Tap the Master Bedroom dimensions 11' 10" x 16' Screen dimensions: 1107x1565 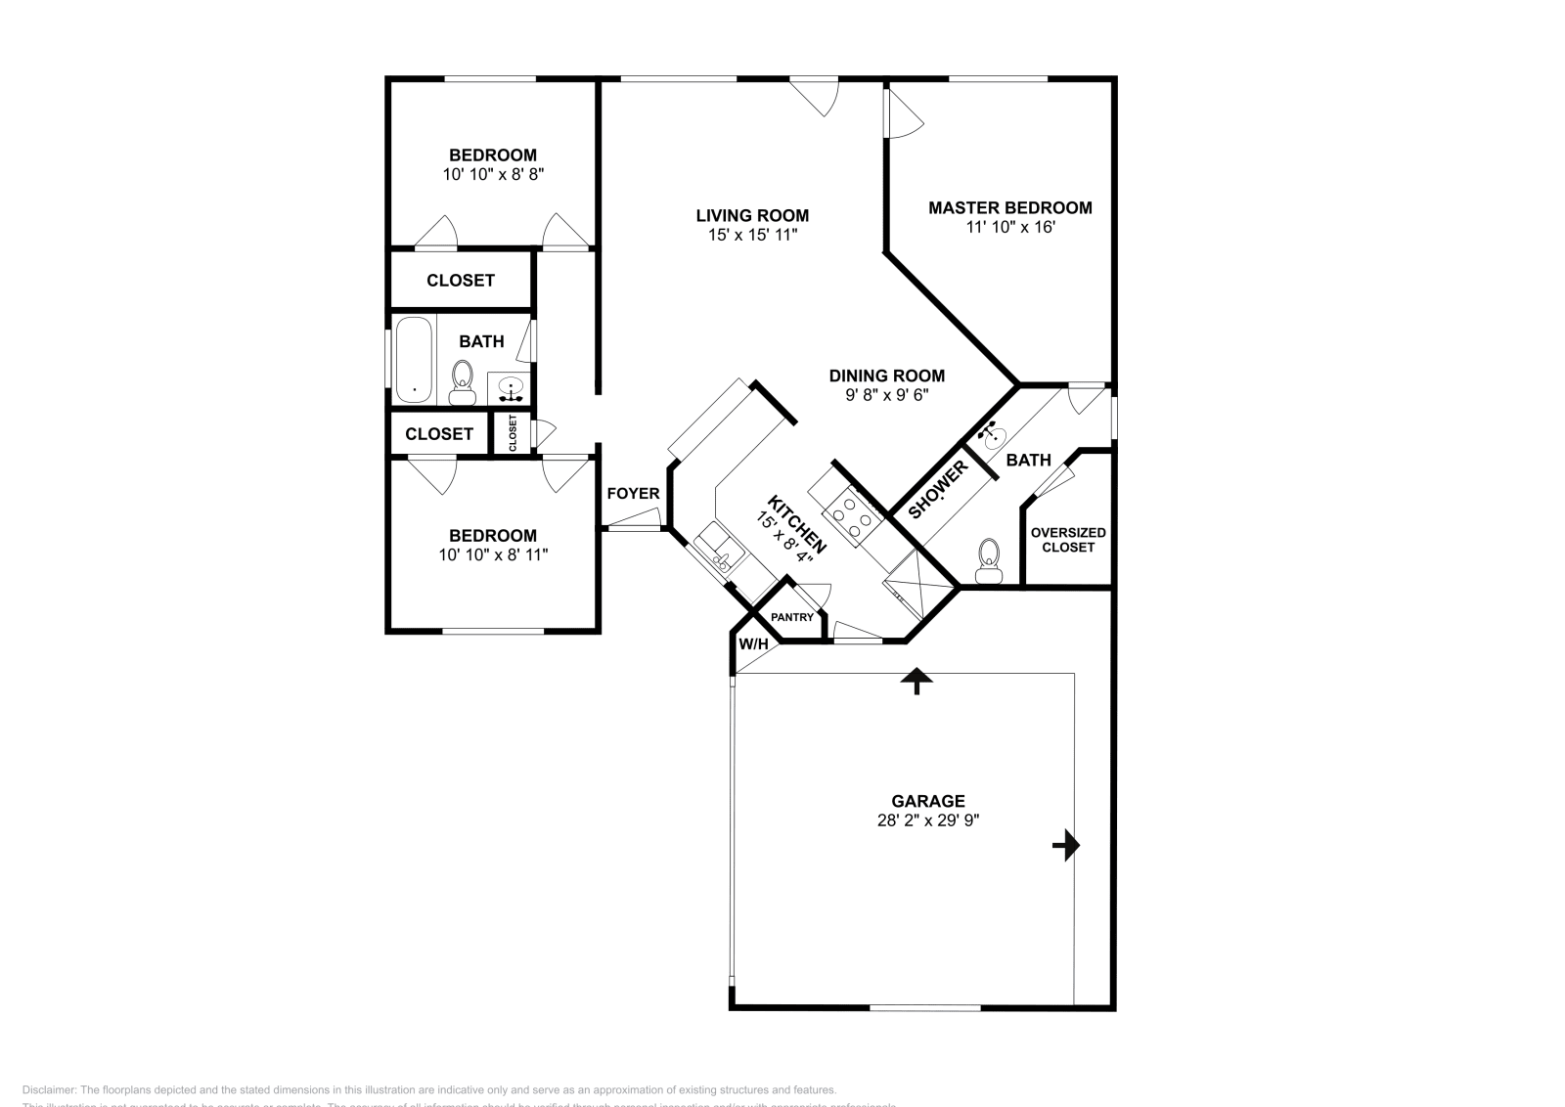coord(1009,227)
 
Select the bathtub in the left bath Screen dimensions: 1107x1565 coord(414,359)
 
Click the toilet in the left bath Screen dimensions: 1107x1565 coord(462,380)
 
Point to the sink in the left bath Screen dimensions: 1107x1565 coord(510,390)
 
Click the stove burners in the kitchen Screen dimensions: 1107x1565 coord(849,518)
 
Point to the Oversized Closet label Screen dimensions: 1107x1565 coord(1068,540)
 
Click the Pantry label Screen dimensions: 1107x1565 coord(792,618)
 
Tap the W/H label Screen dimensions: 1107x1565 coord(753,644)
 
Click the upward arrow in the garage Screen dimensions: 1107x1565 coord(917,681)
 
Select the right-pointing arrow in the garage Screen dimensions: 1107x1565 coord(1066,845)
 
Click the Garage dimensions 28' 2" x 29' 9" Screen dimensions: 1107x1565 coord(928,820)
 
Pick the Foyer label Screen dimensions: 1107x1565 coord(633,494)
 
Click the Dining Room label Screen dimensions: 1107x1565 coord(886,376)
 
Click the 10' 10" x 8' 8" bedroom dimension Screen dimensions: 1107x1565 coord(493,174)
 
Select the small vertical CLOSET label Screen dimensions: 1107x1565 coord(513,433)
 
